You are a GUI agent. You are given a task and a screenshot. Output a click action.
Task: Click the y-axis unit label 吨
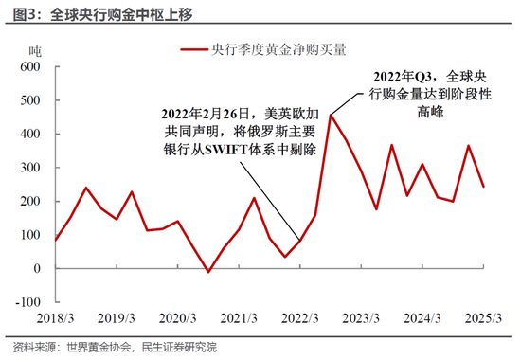pos(35,49)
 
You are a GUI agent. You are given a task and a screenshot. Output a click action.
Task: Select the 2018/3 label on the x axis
pos(55,318)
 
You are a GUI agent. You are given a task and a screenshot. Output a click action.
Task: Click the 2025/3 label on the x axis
pos(484,318)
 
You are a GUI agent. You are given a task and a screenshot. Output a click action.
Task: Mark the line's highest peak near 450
pos(331,115)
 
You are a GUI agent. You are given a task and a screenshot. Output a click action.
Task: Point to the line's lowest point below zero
pos(208,273)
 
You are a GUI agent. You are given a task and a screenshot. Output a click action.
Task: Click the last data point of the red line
pos(484,187)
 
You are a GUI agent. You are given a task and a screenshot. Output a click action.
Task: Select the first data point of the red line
pos(55,241)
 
